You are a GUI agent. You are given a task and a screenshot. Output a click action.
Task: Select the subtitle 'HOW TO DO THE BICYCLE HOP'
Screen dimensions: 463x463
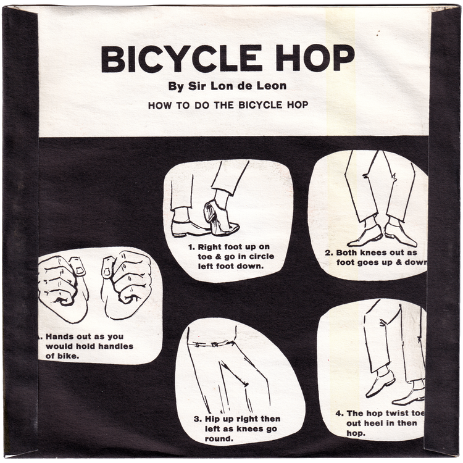point(228,105)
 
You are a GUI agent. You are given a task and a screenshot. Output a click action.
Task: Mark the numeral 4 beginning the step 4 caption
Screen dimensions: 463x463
point(339,413)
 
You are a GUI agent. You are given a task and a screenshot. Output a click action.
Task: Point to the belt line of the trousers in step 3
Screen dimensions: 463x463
point(213,343)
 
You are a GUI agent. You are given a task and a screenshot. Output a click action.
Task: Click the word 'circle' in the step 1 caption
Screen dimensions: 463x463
point(261,257)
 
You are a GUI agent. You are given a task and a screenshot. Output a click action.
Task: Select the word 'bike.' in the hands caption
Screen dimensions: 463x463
point(68,356)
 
